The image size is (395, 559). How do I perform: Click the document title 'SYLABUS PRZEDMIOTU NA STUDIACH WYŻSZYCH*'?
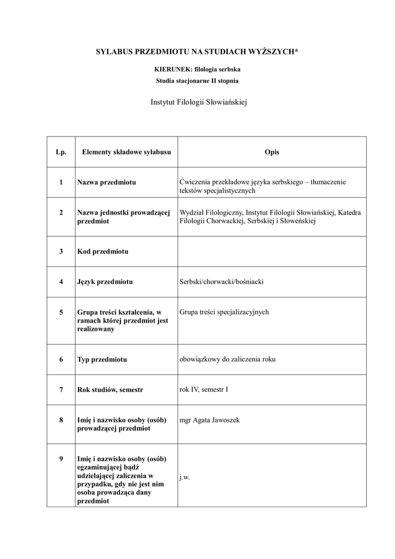click(x=197, y=51)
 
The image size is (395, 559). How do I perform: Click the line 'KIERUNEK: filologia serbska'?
click(x=197, y=70)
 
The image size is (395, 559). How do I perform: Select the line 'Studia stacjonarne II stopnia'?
click(x=197, y=80)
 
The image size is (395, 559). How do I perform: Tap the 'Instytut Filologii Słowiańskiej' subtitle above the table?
click(x=198, y=102)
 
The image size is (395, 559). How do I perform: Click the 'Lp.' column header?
click(x=61, y=152)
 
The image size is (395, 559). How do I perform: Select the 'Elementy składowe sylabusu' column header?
click(x=126, y=152)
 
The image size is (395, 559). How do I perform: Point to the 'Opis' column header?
click(x=271, y=152)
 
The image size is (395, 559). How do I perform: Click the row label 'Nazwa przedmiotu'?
click(x=106, y=182)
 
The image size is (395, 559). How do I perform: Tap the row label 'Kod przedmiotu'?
click(x=103, y=252)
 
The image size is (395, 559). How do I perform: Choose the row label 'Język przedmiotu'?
click(x=105, y=282)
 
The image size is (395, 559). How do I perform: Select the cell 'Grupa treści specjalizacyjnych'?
click(x=224, y=312)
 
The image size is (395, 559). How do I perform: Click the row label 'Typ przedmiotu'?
click(x=102, y=360)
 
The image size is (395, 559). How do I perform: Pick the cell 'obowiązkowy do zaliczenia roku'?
click(x=228, y=359)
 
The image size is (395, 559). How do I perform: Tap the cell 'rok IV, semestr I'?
click(x=204, y=389)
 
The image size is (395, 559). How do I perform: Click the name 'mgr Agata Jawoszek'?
click(x=209, y=420)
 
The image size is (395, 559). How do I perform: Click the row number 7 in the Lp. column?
click(x=61, y=390)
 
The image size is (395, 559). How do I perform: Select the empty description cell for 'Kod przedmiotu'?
click(x=271, y=252)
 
